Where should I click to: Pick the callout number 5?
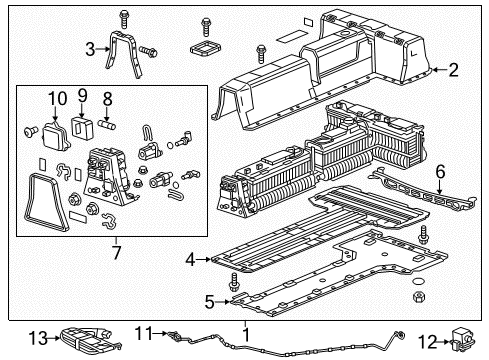(x=208, y=299)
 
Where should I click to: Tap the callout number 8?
(x=108, y=99)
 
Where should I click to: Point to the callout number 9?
(x=84, y=98)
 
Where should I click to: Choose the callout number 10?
(x=58, y=98)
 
